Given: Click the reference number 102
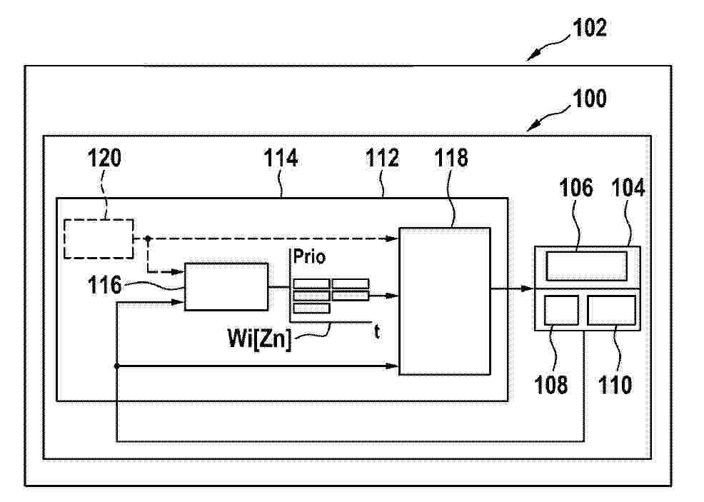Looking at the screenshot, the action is click(x=590, y=28).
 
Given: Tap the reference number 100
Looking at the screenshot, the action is click(x=590, y=99).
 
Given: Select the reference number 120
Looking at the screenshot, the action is click(x=104, y=158).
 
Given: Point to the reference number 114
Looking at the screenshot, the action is click(x=281, y=158).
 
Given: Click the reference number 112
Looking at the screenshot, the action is click(x=382, y=158).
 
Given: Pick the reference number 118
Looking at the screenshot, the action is click(x=451, y=158).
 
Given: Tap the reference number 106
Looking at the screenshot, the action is click(x=576, y=187).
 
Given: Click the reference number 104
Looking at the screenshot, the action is click(x=628, y=187).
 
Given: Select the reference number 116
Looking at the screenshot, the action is click(x=104, y=285).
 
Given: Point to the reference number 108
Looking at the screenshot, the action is click(x=551, y=385).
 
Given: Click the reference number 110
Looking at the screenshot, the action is click(x=615, y=385).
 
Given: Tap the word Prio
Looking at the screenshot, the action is click(x=309, y=257).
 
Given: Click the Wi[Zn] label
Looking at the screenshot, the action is click(x=259, y=338).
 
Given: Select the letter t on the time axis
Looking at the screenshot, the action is click(x=377, y=332).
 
